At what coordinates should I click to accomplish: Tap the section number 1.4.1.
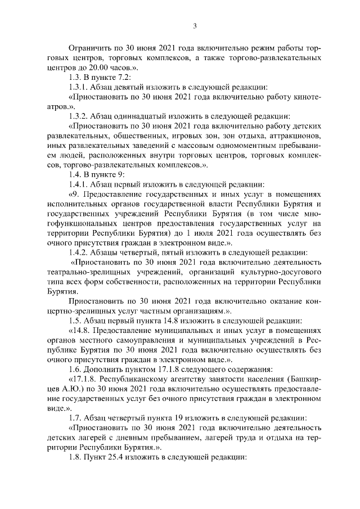tap(78, 184)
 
